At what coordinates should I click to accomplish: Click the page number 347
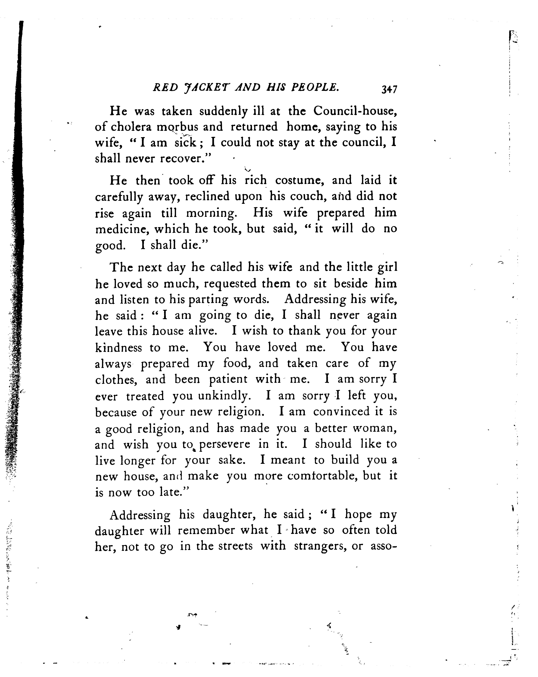[389, 89]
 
